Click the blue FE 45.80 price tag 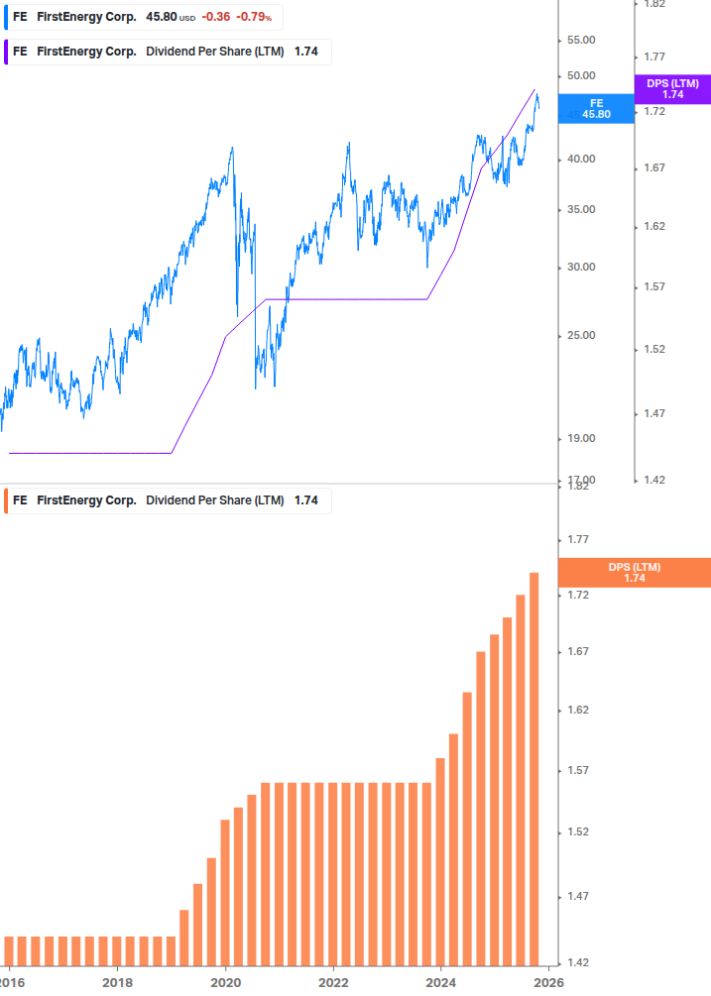596,108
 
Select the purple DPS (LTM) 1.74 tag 672,89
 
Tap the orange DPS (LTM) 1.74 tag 635,573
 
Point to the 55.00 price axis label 580,40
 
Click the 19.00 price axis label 580,438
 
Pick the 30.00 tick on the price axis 580,267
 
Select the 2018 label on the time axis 118,982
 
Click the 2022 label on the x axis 334,982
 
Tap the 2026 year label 549,982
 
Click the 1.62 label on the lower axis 579,710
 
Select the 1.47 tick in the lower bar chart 579,897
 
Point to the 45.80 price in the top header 161,17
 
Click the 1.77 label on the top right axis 653,56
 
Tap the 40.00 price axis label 580,159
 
